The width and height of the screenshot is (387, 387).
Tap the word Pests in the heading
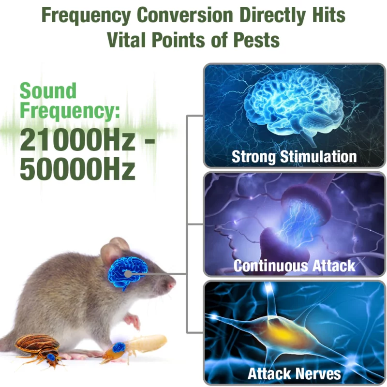coord(256,39)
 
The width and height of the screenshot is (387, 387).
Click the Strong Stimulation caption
coord(294,157)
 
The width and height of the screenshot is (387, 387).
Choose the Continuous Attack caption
coord(294,266)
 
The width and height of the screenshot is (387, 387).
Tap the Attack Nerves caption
coord(294,374)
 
